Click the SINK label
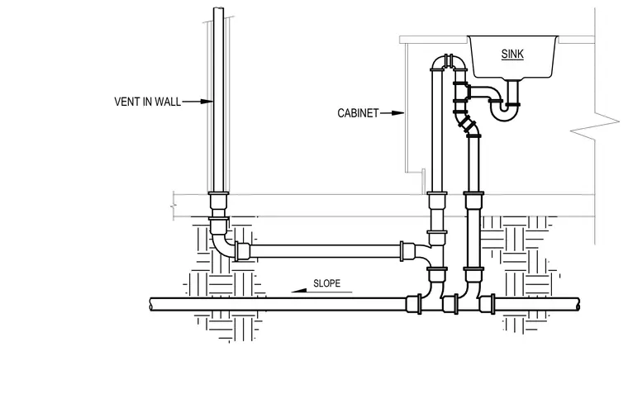(512, 54)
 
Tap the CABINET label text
(358, 113)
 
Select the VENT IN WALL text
(147, 102)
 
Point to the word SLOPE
(327, 283)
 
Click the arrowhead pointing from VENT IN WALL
(207, 102)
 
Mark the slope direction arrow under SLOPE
(321, 291)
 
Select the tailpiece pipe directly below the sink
(513, 91)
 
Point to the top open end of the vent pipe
(219, 9)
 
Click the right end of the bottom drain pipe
(578, 305)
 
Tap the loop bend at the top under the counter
(449, 61)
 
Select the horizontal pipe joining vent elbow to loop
(326, 251)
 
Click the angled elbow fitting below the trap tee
(469, 125)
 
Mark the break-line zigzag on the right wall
(595, 124)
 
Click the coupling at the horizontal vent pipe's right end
(407, 251)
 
